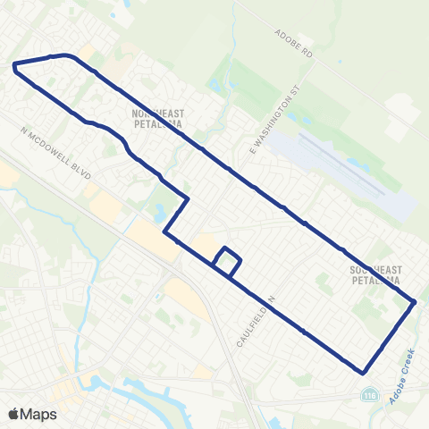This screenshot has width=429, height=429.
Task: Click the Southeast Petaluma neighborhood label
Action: click(x=379, y=274)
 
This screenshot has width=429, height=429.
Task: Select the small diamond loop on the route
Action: click(x=227, y=261)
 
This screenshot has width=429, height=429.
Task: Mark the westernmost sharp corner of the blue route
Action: click(x=13, y=65)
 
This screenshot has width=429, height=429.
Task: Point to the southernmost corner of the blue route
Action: click(x=362, y=372)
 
